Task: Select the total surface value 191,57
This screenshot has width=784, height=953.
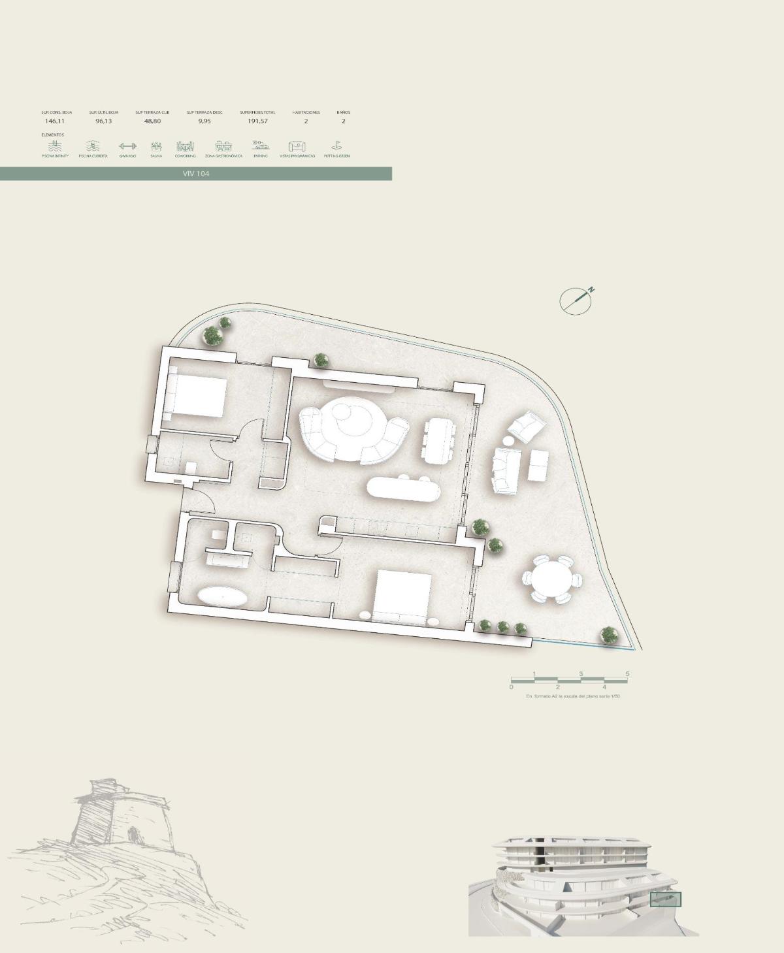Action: (x=257, y=121)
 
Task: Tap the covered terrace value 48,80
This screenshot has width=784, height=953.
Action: (x=152, y=121)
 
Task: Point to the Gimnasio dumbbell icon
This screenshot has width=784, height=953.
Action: (x=127, y=146)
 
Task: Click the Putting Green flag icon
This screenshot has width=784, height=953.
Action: (x=336, y=146)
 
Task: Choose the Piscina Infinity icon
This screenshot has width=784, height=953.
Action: (x=55, y=146)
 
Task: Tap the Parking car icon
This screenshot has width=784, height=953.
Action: (x=261, y=146)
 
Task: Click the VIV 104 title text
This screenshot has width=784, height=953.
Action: (x=196, y=174)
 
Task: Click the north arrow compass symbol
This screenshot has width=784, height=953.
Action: (x=576, y=300)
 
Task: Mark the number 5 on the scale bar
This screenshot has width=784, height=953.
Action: (x=627, y=674)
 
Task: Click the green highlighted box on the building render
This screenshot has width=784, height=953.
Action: (x=666, y=899)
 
